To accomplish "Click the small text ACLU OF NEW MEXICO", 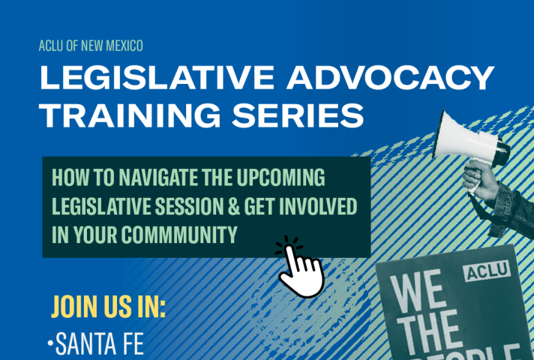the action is (x=91, y=46).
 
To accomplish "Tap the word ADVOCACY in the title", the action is (x=390, y=77).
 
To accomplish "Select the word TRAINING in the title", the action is (x=130, y=115).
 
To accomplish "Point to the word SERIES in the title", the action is (x=298, y=115).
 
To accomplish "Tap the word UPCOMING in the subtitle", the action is (x=280, y=177).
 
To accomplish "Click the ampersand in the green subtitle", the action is (x=234, y=205).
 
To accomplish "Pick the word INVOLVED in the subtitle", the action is (x=318, y=205).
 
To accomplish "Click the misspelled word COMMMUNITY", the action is (x=179, y=234).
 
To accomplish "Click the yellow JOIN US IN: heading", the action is (x=108, y=307).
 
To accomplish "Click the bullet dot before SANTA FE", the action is (x=51, y=343).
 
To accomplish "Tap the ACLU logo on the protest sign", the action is (x=487, y=271).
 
